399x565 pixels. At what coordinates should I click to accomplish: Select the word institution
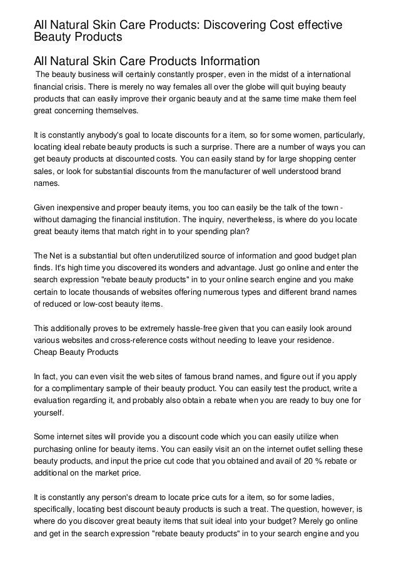[163, 221]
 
